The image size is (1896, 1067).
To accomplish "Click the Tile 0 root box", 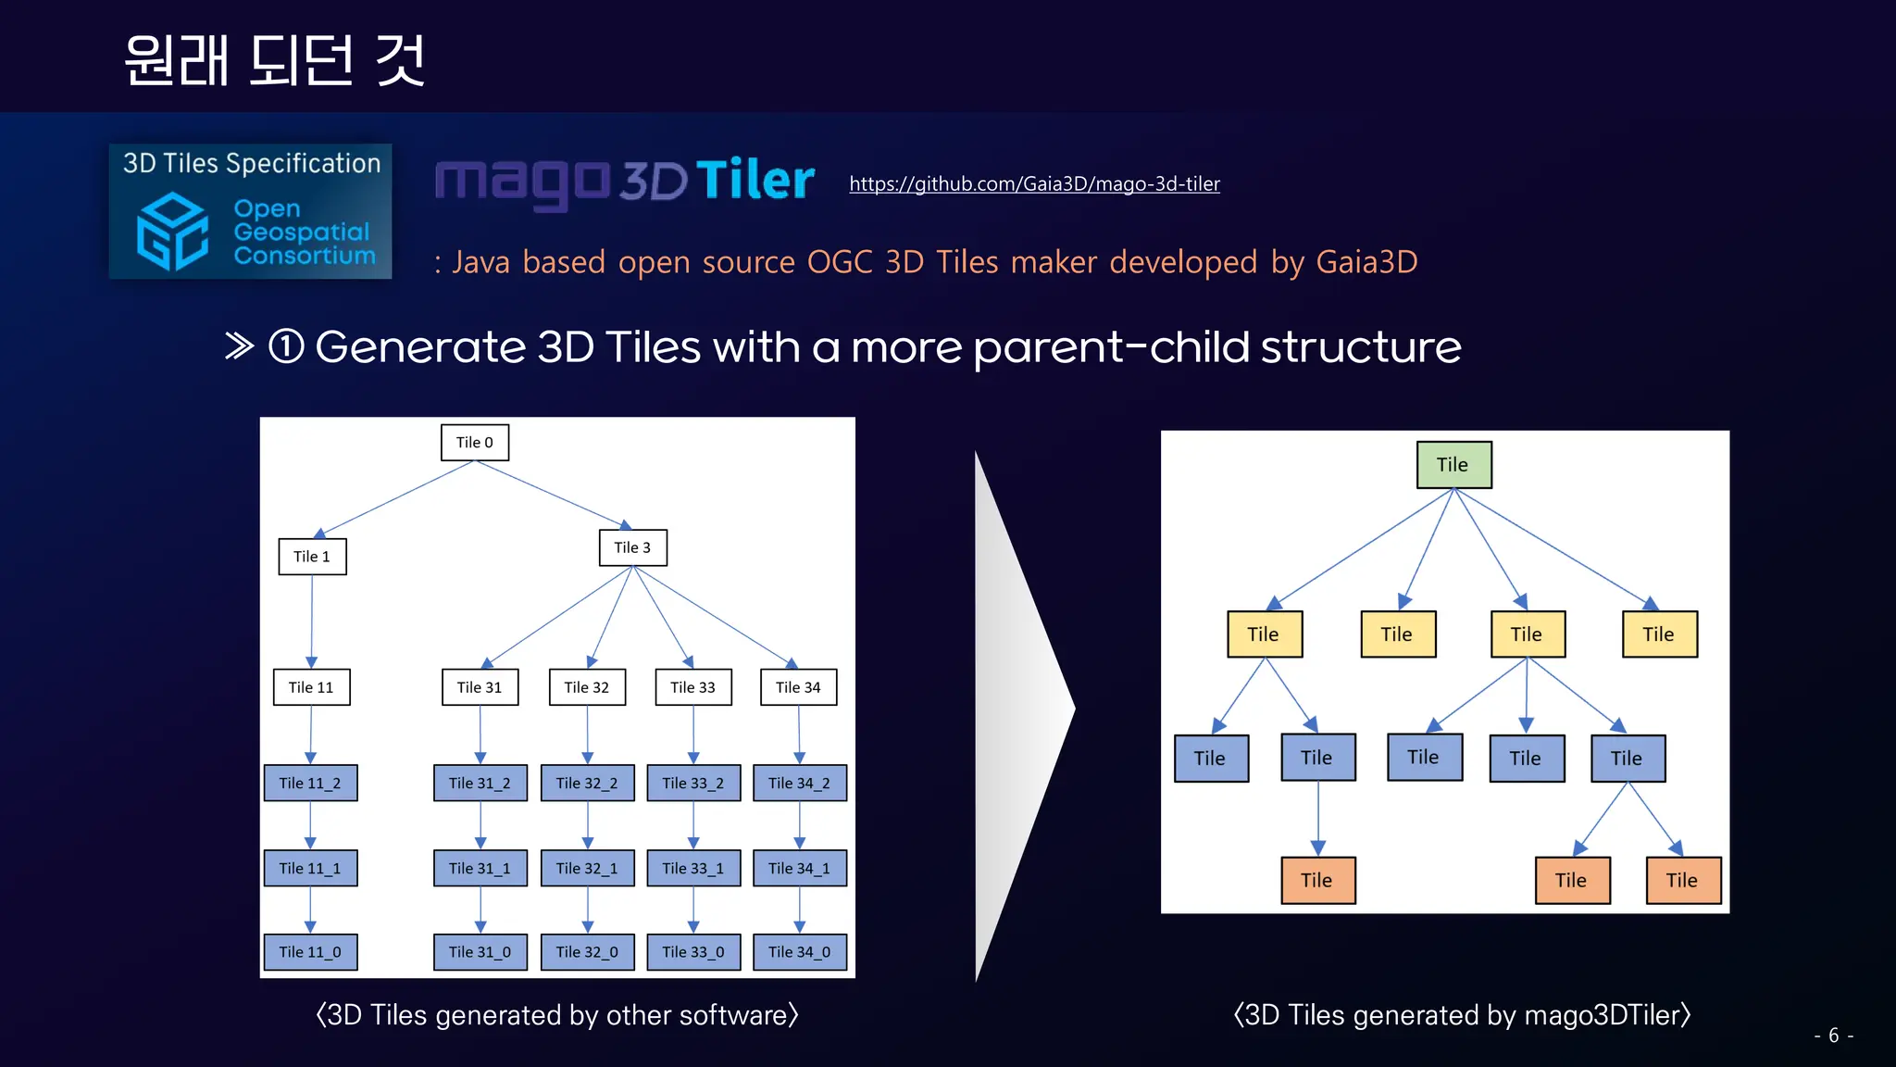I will tap(474, 443).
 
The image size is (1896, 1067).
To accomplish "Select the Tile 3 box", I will tap(632, 547).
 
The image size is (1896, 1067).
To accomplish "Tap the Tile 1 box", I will tap(312, 557).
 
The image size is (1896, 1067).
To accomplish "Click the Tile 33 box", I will tap(692, 687).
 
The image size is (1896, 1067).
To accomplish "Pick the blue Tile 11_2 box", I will tap(310, 783).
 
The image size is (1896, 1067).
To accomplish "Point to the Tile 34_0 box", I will tap(800, 952).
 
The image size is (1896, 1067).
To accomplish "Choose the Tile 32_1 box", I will tap(587, 868).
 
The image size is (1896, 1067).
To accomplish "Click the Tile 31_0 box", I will tap(480, 952).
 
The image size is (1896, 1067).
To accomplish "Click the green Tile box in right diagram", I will tap(1453, 465).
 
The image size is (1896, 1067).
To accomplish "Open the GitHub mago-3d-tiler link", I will tap(1034, 184).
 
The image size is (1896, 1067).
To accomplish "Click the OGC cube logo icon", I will tap(172, 232).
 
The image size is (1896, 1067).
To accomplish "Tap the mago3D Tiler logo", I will tap(625, 181).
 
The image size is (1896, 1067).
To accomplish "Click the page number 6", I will tap(1833, 1036).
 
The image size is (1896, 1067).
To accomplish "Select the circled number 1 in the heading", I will tap(286, 347).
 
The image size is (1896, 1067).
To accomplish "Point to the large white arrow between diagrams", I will tap(1018, 713).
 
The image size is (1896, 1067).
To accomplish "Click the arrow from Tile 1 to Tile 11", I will tap(312, 621).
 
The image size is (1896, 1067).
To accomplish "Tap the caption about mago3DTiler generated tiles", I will tap(1462, 1015).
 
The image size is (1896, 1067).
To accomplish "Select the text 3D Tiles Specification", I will tap(252, 164).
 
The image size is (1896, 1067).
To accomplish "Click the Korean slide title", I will tap(275, 61).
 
